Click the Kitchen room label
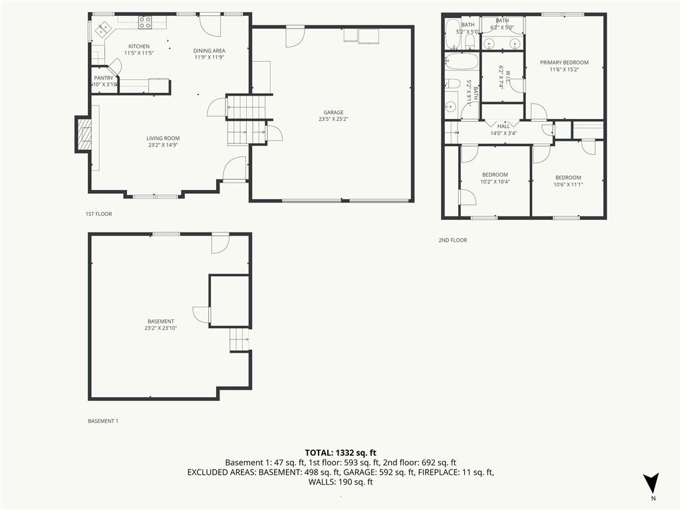click(138, 46)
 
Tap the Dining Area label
click(209, 50)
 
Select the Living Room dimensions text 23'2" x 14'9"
click(163, 145)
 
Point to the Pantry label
click(103, 78)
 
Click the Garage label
click(333, 112)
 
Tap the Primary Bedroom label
click(564, 62)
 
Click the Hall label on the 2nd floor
click(503, 126)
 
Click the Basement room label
click(161, 321)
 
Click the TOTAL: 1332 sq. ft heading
click(340, 452)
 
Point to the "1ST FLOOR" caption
click(98, 214)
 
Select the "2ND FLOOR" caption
click(452, 240)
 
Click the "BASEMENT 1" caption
click(103, 421)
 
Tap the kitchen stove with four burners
click(145, 22)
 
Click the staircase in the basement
click(239, 340)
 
